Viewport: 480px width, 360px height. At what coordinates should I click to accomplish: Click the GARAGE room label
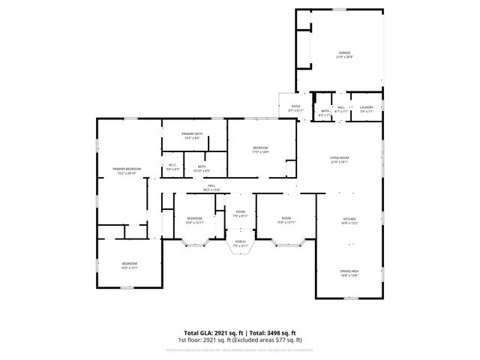click(344, 53)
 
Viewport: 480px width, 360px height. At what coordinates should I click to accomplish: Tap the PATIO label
click(295, 106)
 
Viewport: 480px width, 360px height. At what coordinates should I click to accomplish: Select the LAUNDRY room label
click(366, 107)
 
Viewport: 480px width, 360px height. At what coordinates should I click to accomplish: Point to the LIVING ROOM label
click(340, 157)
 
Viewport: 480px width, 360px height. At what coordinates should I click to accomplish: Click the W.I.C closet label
click(172, 165)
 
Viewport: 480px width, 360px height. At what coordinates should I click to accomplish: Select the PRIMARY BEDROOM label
click(127, 169)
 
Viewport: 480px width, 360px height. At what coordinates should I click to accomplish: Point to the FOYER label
click(240, 212)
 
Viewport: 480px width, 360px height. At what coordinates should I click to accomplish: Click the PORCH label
click(240, 242)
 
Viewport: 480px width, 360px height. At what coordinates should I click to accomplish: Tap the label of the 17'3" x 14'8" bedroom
click(260, 148)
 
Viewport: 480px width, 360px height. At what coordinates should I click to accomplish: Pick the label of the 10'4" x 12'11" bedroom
click(194, 218)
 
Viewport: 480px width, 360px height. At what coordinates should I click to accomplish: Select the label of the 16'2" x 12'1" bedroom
click(130, 263)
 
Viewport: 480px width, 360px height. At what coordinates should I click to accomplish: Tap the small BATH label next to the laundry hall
click(325, 111)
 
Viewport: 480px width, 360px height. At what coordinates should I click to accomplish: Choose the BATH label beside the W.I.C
click(202, 166)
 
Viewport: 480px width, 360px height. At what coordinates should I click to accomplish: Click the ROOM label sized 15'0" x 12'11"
click(286, 218)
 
